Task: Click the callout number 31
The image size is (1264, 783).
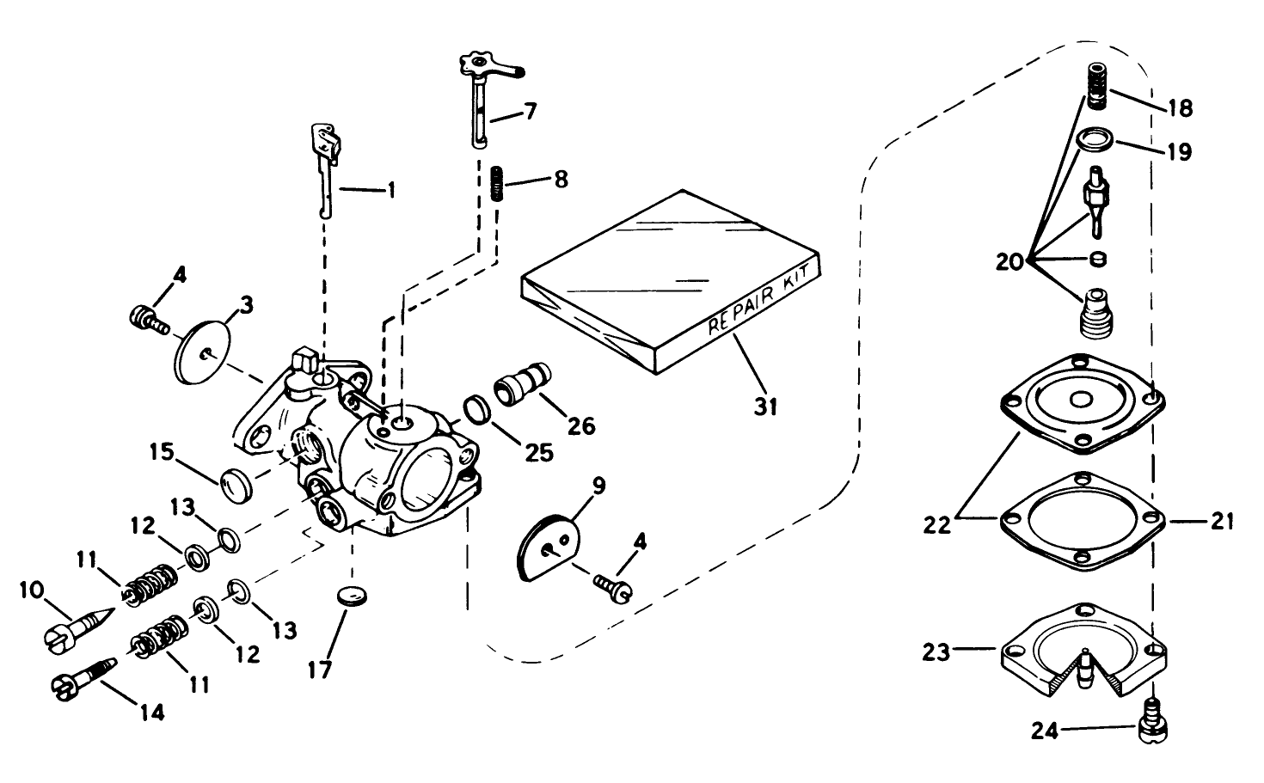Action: click(765, 406)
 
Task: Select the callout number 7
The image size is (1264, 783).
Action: click(531, 111)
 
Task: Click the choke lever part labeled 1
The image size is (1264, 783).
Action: click(325, 163)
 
